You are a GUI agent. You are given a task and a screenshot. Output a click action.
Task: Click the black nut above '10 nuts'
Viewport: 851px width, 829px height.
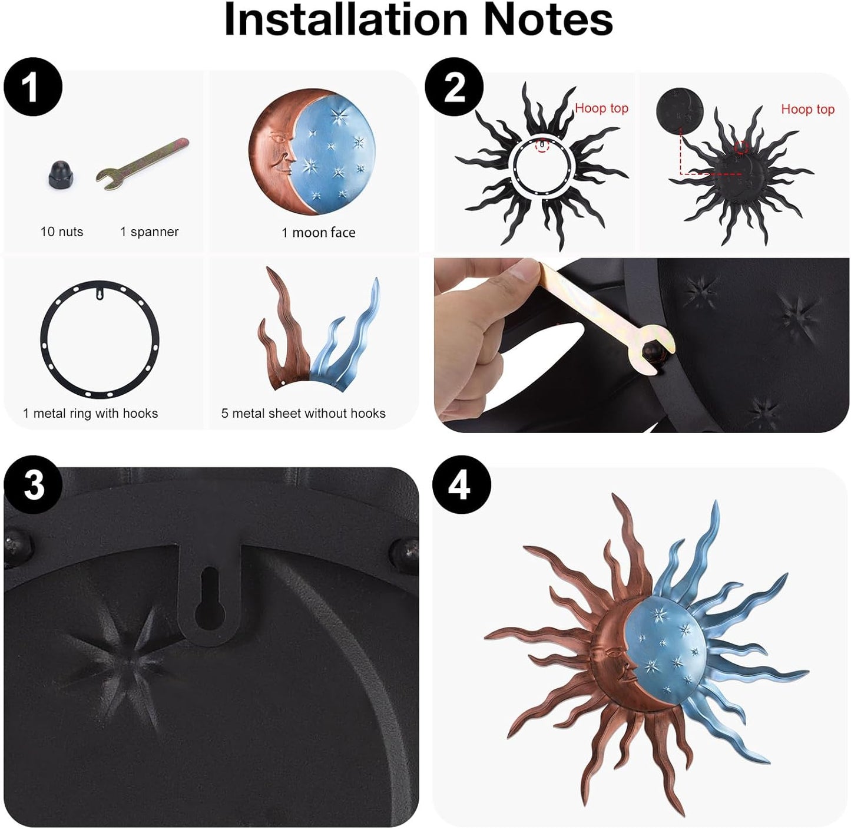(61, 174)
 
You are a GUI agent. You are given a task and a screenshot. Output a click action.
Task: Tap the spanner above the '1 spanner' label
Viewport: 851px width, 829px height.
(143, 164)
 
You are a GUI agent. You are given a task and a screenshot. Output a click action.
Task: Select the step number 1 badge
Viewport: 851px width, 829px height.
(33, 87)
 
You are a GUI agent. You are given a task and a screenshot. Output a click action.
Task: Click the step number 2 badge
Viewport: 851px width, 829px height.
(454, 87)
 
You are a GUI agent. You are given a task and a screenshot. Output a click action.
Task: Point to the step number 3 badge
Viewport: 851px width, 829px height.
(33, 484)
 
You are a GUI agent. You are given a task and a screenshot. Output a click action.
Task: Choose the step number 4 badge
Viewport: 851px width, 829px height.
(461, 484)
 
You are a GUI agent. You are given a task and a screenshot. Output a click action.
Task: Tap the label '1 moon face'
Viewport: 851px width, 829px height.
(319, 232)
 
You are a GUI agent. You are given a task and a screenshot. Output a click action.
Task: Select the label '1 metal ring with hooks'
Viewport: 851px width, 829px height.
(91, 414)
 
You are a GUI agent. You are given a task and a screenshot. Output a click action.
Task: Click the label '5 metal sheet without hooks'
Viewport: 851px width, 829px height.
(303, 414)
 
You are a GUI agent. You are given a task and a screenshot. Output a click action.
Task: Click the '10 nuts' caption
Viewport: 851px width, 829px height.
(62, 232)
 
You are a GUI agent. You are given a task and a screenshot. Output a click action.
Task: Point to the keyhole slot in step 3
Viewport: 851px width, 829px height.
(210, 599)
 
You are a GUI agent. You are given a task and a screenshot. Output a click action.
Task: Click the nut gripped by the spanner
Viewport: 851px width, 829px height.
(653, 351)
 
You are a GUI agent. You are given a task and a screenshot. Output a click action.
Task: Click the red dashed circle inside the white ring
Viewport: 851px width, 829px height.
(542, 146)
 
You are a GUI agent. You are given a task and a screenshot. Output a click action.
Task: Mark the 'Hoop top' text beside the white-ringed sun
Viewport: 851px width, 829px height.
(601, 108)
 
